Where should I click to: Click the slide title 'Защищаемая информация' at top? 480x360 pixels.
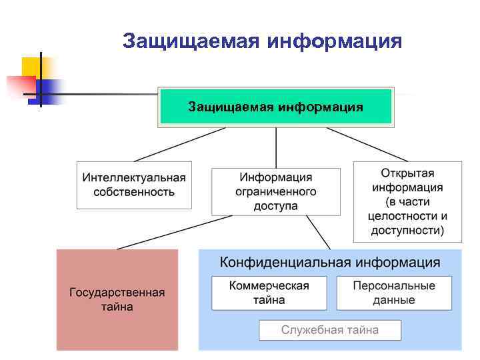(262, 42)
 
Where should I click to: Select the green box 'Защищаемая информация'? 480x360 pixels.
(275, 107)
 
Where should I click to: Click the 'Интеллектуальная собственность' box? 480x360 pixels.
(134, 185)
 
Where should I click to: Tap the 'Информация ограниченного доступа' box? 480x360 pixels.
(275, 191)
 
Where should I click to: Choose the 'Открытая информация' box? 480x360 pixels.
(407, 201)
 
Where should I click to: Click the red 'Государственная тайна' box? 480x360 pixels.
(117, 299)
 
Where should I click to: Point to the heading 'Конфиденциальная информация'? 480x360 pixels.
(330, 261)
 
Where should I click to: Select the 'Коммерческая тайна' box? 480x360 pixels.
(269, 293)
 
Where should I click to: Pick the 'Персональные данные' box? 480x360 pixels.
(394, 293)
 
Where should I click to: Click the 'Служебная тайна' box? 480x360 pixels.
(330, 329)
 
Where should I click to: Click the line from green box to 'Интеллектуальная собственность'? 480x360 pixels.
(180, 144)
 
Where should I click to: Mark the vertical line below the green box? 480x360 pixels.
(276, 147)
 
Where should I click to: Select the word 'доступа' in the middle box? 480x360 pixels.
(275, 206)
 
